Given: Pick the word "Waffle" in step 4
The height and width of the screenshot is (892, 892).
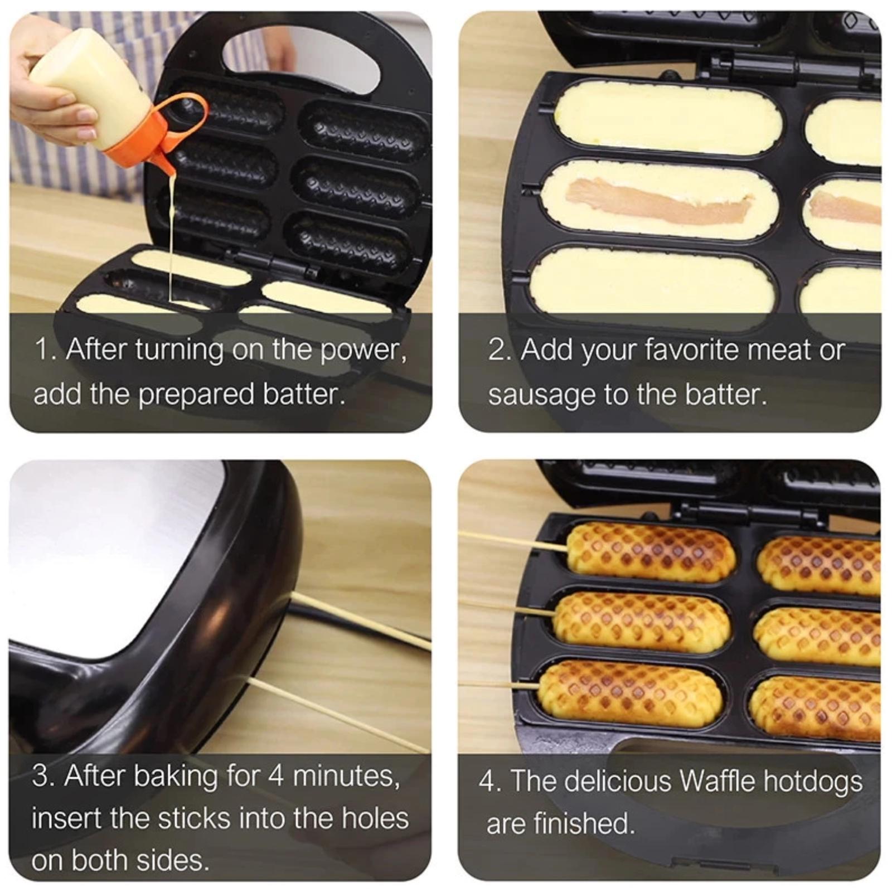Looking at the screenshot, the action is pyautogui.click(x=718, y=780).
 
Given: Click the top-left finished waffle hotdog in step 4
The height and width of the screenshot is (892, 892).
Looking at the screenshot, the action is pyautogui.click(x=649, y=552).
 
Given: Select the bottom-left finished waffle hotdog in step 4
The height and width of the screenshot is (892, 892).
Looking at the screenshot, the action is pyautogui.click(x=630, y=691).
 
